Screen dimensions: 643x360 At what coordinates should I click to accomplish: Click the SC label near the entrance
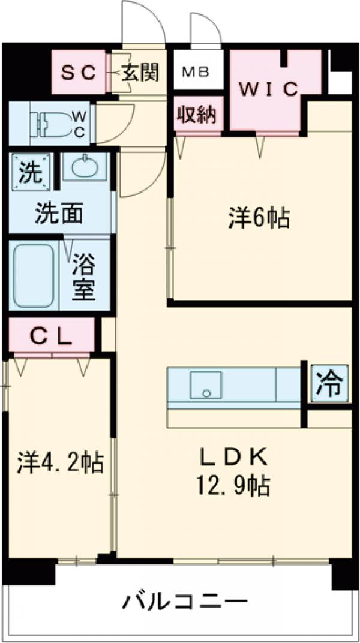pos(79,73)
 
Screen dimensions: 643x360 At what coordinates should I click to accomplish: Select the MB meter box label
pos(196,73)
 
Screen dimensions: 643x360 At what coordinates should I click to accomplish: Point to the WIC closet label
pos(269,89)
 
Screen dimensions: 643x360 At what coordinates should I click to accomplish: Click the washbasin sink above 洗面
pos(85,167)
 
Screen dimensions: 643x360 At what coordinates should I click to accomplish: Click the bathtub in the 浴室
pos(34,275)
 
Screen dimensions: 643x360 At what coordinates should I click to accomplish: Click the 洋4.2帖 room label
pos(60,462)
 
